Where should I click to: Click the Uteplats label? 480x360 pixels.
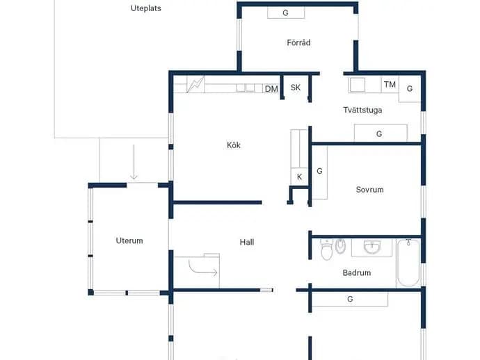tap(145, 8)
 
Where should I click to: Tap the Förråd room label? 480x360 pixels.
tap(298, 42)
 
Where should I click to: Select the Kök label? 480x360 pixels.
tap(234, 145)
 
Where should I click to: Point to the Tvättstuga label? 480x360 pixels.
tap(362, 110)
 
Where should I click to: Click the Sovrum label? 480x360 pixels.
tap(369, 190)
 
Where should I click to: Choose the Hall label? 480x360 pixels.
tap(247, 243)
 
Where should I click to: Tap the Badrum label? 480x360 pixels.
tap(357, 272)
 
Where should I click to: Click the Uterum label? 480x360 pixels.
tap(129, 240)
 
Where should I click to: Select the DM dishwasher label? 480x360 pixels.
tap(271, 89)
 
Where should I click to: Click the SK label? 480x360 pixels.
tap(296, 88)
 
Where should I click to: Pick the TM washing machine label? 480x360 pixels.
tap(390, 84)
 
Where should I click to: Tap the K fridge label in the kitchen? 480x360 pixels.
tap(299, 177)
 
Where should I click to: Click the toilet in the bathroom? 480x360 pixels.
tap(326, 249)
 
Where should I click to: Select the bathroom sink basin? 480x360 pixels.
tap(372, 247)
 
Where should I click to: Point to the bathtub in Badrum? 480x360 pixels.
tap(408, 263)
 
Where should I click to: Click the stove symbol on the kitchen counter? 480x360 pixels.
tap(195, 85)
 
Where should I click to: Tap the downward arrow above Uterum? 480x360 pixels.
tap(134, 162)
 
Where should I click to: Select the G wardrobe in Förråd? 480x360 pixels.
tap(286, 13)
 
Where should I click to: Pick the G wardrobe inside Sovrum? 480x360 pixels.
tap(319, 172)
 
